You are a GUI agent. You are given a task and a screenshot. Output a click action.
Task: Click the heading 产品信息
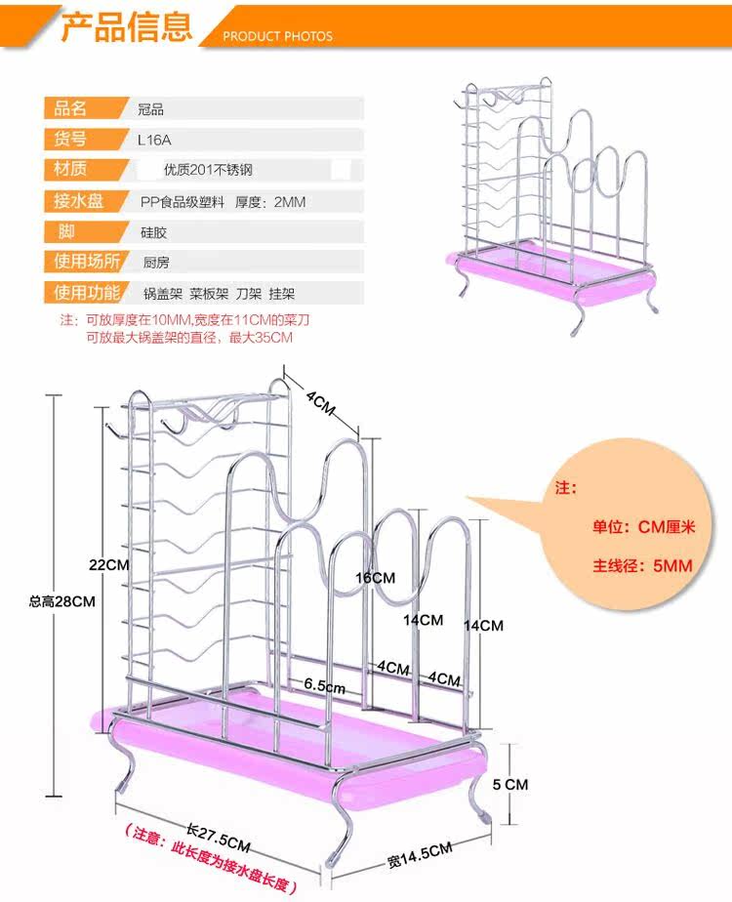point(126,26)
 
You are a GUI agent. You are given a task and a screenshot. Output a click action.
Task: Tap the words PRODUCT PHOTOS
point(278,36)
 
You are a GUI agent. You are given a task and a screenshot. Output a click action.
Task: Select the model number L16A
point(153,139)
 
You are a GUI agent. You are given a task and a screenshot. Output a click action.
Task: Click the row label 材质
point(71,170)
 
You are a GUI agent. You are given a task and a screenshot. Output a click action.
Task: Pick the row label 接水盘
point(78,201)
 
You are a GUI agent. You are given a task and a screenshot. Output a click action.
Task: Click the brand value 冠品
point(151,109)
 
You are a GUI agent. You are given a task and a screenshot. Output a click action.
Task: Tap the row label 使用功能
point(86,292)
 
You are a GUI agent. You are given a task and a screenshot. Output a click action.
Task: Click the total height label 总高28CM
point(61,601)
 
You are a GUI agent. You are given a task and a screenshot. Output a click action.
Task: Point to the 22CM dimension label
point(108,565)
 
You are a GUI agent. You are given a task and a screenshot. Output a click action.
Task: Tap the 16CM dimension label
point(375,578)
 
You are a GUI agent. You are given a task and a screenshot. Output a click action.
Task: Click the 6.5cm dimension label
point(324,686)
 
